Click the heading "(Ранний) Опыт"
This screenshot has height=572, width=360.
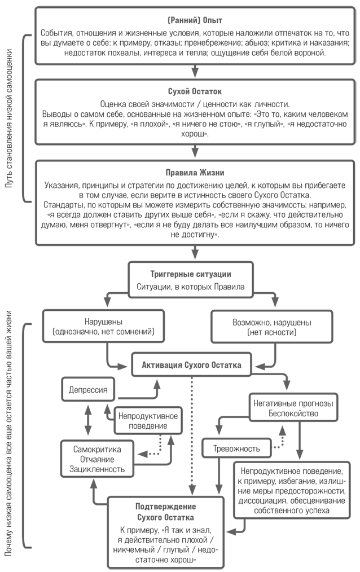(195, 20)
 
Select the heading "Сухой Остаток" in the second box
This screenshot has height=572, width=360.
(195, 91)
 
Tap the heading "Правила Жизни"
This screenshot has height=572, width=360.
(195, 173)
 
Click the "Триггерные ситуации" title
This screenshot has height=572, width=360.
(190, 274)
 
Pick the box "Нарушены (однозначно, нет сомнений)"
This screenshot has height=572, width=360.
(103, 326)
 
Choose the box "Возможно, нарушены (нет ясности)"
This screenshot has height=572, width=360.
(272, 327)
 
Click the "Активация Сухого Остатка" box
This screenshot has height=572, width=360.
(191, 364)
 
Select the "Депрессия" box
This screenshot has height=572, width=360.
(88, 390)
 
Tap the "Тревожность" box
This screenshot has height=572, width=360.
(237, 448)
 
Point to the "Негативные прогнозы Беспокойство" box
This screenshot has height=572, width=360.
(293, 408)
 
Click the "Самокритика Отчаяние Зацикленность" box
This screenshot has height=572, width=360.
(97, 459)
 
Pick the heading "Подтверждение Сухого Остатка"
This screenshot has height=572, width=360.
(165, 512)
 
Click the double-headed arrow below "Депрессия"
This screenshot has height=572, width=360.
(88, 420)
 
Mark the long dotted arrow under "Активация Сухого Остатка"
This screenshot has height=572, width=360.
(192, 435)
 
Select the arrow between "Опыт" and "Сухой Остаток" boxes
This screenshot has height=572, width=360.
(195, 71)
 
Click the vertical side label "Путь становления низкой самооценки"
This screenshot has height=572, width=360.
(10, 118)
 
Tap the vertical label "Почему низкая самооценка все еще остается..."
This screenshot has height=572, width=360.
(9, 433)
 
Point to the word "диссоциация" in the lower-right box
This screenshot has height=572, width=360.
(261, 501)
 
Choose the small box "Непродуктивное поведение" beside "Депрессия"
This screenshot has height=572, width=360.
(148, 421)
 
